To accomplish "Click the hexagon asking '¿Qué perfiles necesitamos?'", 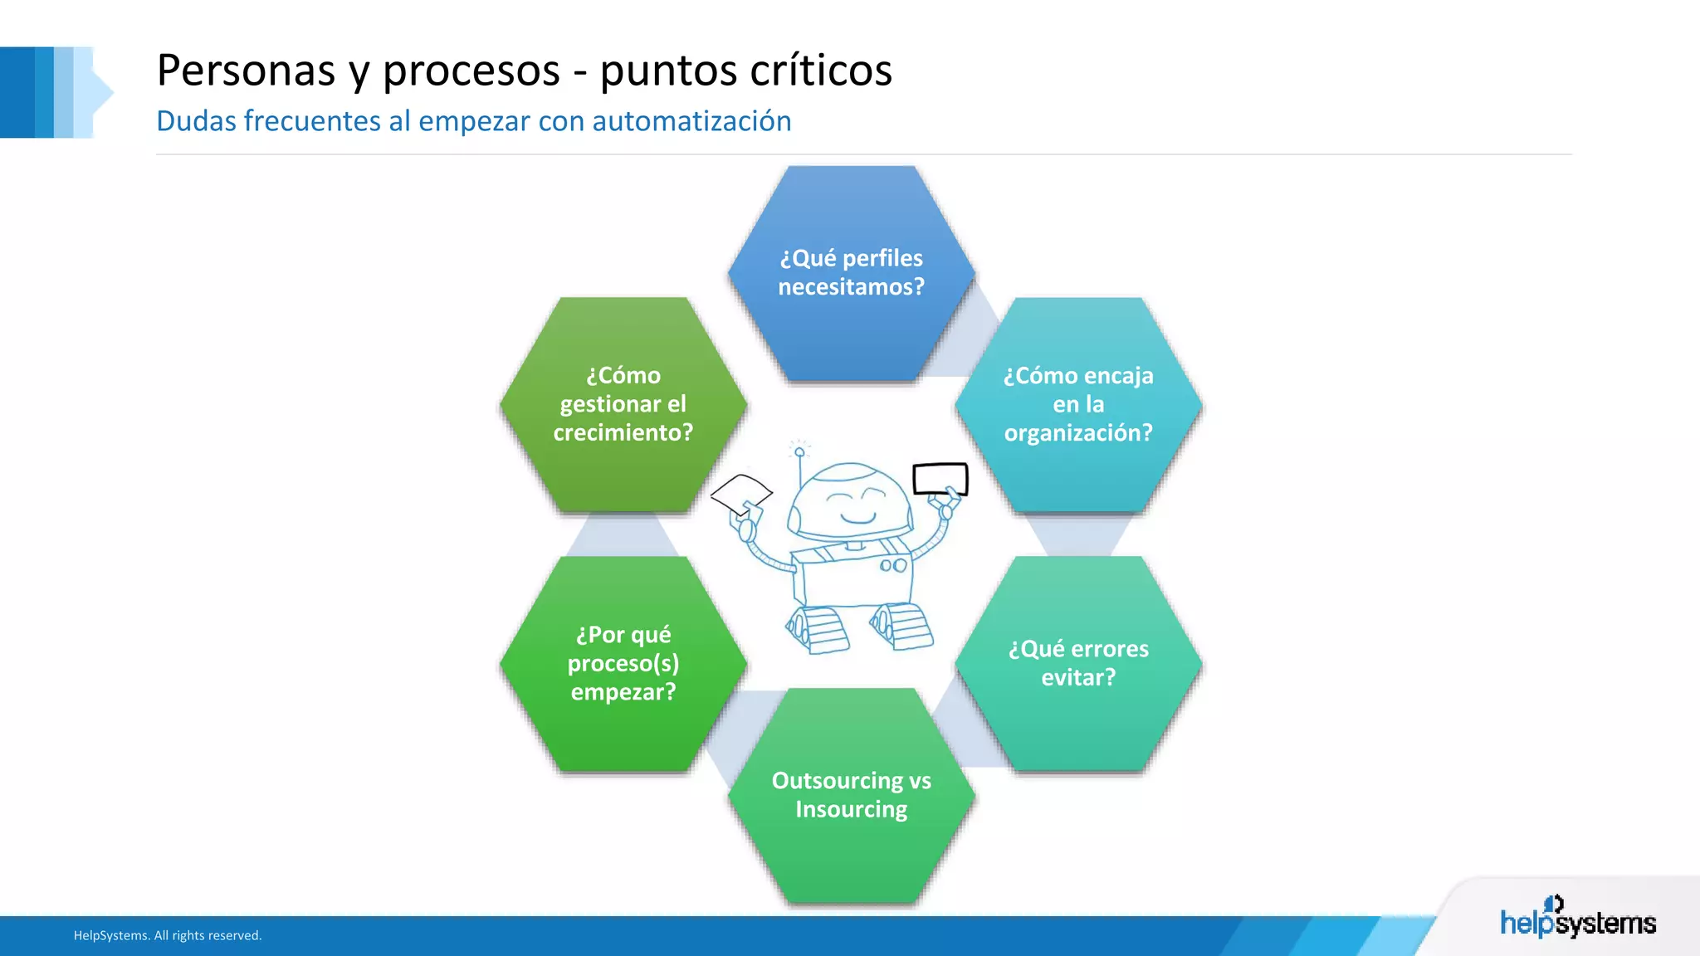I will click(851, 274).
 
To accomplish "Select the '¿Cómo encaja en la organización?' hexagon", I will click(1078, 405).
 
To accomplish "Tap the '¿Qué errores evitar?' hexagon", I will click(1078, 663).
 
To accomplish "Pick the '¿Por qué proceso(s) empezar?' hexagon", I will click(623, 663).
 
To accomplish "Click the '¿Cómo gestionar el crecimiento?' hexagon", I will click(623, 405).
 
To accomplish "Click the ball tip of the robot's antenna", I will click(799, 452).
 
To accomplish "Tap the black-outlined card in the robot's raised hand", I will click(940, 479).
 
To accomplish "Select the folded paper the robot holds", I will click(741, 494).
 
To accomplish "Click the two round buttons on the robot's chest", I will click(893, 566).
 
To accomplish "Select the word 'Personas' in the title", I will click(246, 70).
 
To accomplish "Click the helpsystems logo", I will click(1577, 918).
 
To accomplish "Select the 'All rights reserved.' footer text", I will click(208, 935).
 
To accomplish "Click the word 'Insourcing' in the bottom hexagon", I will click(851, 809).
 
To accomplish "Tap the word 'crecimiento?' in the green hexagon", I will click(623, 433).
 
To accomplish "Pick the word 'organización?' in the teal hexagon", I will click(1078, 433).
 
